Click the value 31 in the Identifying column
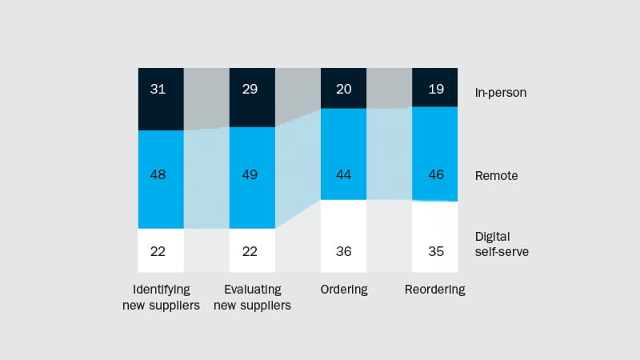(158, 89)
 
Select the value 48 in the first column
(158, 174)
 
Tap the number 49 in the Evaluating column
(250, 174)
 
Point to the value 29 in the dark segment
(250, 89)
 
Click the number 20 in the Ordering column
(344, 89)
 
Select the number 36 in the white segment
(344, 251)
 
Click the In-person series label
(500, 93)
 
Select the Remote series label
(496, 176)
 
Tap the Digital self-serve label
(502, 244)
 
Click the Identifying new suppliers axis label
(160, 297)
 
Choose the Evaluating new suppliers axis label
(252, 297)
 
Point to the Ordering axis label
(344, 290)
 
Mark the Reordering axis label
(435, 290)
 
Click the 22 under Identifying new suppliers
(158, 251)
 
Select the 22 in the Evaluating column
(250, 251)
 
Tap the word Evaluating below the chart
(252, 290)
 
